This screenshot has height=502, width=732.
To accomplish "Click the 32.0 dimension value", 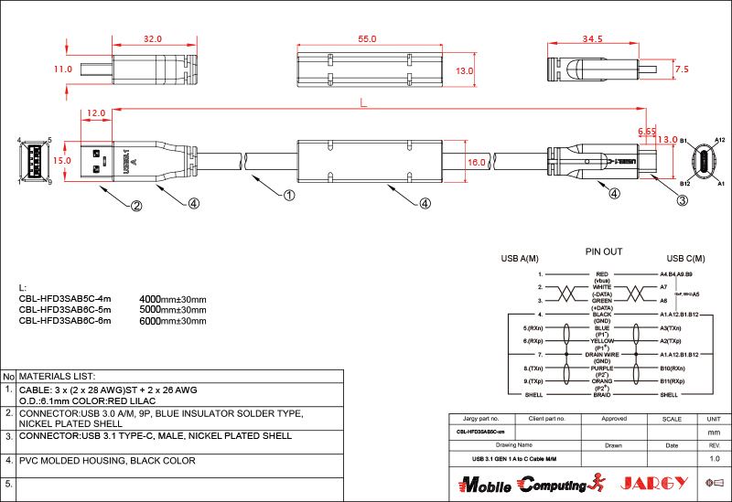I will (x=152, y=39).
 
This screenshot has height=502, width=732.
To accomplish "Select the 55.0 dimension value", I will (x=367, y=39).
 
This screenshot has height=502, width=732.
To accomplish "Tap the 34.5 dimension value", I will (x=592, y=39).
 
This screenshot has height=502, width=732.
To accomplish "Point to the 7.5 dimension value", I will (x=681, y=69).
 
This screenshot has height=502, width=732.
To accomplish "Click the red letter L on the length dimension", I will (x=364, y=105).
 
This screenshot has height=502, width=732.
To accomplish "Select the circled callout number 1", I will (x=289, y=195).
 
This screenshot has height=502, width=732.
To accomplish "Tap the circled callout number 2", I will (x=135, y=206).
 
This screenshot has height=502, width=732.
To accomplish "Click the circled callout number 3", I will (x=682, y=200).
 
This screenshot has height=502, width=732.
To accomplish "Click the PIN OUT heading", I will (x=603, y=251).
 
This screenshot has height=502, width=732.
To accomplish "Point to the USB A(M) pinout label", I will (x=519, y=259).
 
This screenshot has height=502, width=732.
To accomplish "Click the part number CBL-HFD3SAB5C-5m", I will (x=65, y=309).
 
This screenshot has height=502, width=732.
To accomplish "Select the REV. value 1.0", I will (x=715, y=458).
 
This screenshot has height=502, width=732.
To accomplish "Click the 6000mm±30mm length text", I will (x=172, y=320).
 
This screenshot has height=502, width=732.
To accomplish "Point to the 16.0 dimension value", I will (x=477, y=162).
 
